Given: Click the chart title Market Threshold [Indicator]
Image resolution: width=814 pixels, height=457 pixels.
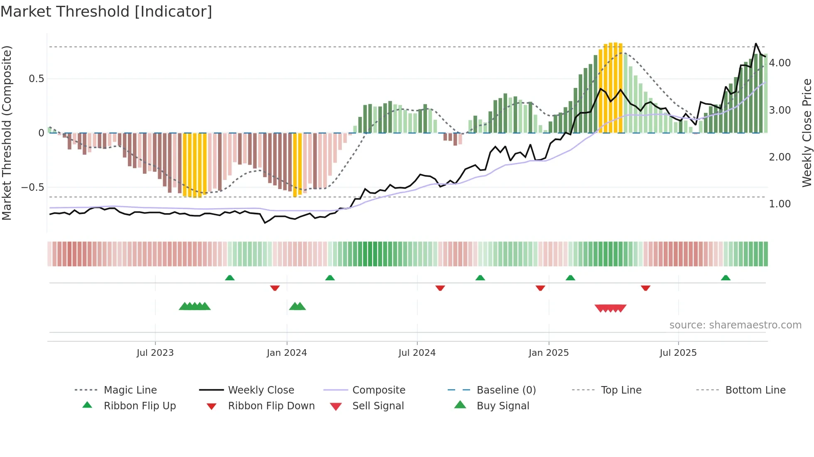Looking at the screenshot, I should (x=106, y=12).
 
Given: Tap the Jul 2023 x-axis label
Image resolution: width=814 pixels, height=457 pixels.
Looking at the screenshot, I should (x=155, y=353).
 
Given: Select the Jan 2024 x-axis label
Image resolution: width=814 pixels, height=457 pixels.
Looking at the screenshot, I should (x=287, y=353).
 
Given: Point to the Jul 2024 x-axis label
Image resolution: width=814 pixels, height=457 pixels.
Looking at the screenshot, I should (x=417, y=353).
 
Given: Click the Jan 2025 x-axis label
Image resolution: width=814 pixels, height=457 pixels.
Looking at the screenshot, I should (x=549, y=353).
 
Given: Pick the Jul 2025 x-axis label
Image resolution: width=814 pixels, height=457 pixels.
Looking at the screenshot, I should (x=678, y=353).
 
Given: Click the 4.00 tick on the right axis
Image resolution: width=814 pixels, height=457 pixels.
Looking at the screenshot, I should (x=780, y=63).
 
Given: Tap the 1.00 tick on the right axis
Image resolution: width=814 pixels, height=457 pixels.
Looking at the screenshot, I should (x=780, y=204).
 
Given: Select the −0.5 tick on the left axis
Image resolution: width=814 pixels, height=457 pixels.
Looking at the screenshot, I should (x=33, y=187).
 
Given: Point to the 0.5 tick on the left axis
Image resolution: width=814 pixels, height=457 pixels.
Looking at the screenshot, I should (x=37, y=79).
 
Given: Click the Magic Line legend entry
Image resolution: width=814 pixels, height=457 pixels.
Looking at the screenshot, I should (x=130, y=390).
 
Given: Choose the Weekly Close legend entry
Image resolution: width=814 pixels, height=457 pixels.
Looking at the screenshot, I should (x=261, y=390).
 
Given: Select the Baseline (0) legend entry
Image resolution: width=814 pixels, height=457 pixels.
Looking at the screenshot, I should (x=506, y=390).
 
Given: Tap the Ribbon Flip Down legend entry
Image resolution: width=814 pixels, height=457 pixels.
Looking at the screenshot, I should (x=271, y=406).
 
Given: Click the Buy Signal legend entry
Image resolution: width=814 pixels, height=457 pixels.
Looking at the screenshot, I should (x=503, y=406).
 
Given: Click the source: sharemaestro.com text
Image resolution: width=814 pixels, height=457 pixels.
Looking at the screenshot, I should (x=735, y=325).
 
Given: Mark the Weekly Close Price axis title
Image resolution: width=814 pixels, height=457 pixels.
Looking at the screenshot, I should (x=807, y=133).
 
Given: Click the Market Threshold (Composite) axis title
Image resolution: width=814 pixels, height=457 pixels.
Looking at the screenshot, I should (x=7, y=133).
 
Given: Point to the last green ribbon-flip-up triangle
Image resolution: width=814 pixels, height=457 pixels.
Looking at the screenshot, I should (x=726, y=278).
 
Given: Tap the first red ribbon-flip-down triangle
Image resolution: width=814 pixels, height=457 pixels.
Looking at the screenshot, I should (x=275, y=288).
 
